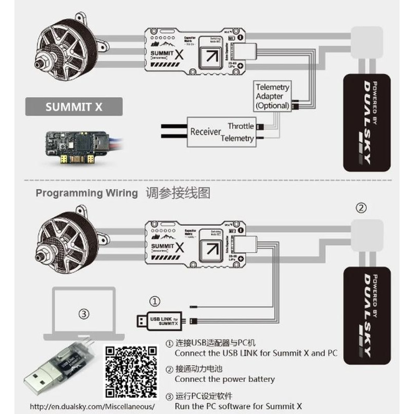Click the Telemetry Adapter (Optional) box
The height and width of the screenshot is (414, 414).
(x=272, y=96)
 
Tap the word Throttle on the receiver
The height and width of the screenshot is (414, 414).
(x=241, y=126)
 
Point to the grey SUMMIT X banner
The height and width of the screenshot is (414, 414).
(x=73, y=108)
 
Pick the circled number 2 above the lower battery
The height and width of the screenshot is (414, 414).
(x=362, y=208)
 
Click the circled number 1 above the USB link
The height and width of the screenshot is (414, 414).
(x=154, y=301)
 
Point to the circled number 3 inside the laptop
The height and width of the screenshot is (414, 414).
(x=85, y=314)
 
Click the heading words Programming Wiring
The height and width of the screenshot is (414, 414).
(x=86, y=194)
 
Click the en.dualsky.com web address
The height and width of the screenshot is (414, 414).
(x=93, y=406)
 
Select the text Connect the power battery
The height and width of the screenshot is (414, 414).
(x=225, y=379)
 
